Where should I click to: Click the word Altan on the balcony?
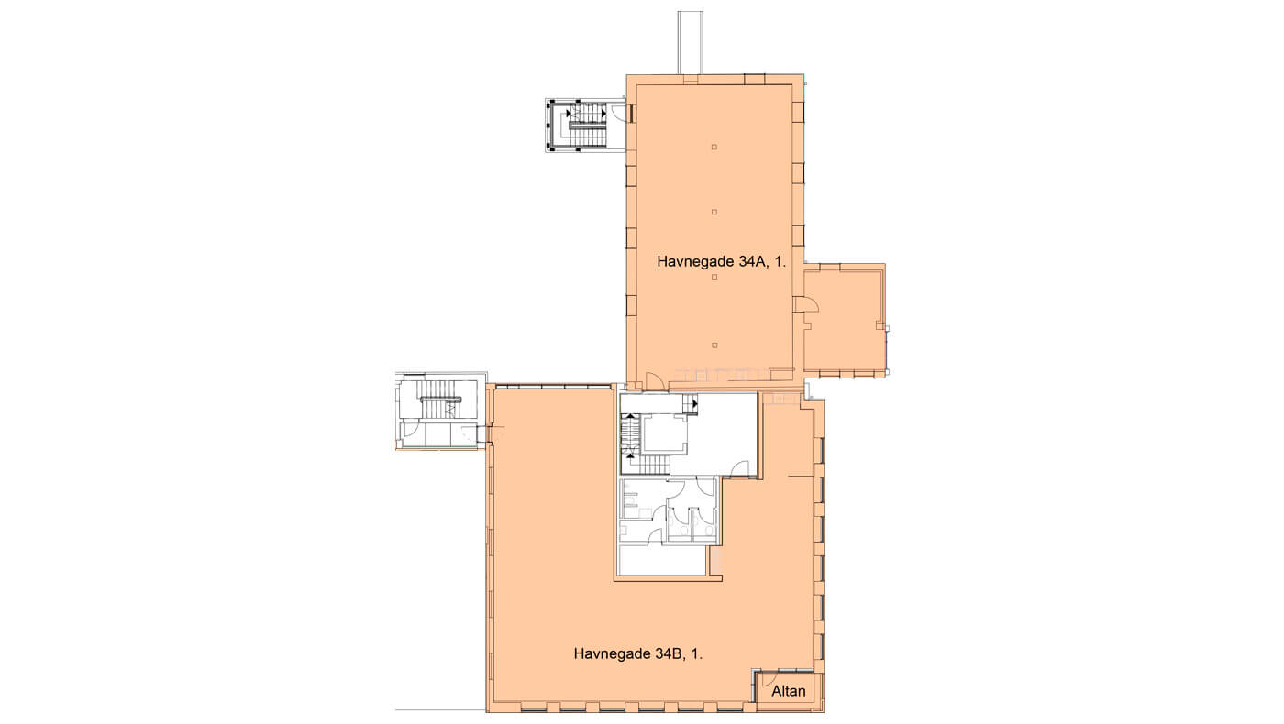[788, 691]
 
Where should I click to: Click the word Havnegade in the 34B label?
[613, 654]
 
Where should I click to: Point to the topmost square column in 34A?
[714, 147]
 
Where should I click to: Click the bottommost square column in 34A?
[714, 345]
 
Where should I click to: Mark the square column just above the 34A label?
[714, 212]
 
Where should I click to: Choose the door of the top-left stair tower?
[618, 112]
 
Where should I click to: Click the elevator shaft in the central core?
[664, 435]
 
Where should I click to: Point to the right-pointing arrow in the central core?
[695, 404]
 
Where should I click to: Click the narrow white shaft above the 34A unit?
[690, 42]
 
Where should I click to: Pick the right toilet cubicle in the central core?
[704, 524]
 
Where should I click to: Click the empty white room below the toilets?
[662, 560]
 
